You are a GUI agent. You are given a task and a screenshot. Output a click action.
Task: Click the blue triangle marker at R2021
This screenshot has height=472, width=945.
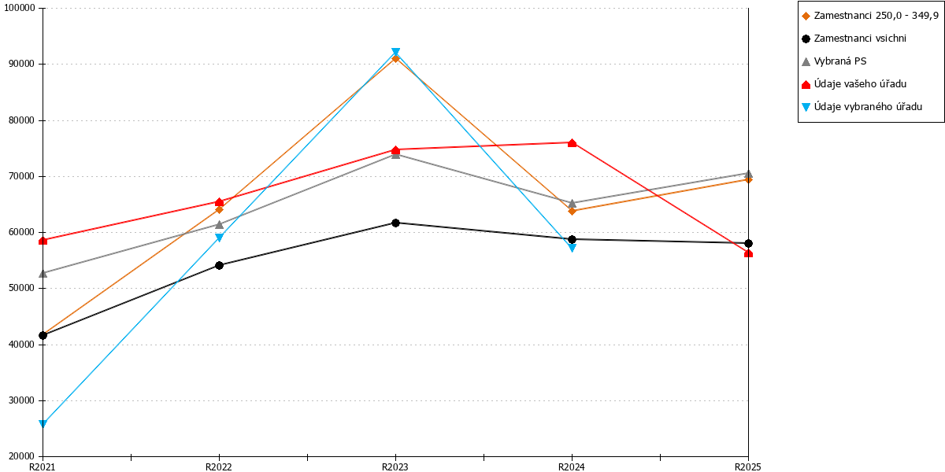tap(43, 423)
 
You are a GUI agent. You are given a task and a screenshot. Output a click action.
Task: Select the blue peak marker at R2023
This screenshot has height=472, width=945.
tap(395, 52)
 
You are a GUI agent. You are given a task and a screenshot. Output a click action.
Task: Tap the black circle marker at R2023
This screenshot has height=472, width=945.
tap(395, 223)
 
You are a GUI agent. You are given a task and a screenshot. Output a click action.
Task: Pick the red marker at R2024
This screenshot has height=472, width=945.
tap(572, 143)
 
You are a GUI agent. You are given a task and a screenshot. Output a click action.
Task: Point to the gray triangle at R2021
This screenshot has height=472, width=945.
tap(43, 274)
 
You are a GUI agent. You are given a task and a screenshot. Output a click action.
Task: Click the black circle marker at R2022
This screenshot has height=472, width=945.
tap(219, 265)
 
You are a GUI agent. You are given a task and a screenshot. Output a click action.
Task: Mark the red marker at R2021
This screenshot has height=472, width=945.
tap(43, 241)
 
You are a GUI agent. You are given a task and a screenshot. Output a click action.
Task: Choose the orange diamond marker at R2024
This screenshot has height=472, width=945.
tap(572, 211)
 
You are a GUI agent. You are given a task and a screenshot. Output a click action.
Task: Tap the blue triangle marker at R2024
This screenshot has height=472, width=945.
tap(572, 248)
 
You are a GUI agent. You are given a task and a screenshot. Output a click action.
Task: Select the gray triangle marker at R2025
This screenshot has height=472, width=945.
tap(748, 174)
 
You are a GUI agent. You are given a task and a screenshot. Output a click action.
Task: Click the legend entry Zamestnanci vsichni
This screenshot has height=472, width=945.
tap(860, 39)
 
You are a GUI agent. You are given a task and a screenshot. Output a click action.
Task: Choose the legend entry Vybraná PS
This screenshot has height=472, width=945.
tap(840, 61)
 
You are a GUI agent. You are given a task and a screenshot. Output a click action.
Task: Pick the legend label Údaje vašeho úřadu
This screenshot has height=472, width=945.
tap(860, 84)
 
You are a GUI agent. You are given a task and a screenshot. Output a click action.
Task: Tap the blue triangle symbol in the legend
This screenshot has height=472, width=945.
tap(806, 107)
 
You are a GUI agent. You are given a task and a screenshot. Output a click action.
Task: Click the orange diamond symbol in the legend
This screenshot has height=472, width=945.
tap(806, 16)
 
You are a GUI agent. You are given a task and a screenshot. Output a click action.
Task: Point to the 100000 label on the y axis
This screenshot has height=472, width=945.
tap(20, 8)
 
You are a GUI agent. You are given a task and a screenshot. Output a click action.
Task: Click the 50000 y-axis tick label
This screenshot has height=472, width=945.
tap(22, 288)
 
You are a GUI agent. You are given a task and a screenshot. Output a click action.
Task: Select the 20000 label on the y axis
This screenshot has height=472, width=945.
tap(22, 456)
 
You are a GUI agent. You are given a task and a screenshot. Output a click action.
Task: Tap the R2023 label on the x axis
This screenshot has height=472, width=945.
tap(395, 467)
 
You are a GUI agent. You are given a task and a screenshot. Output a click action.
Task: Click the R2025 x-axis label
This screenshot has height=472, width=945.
tap(747, 467)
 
